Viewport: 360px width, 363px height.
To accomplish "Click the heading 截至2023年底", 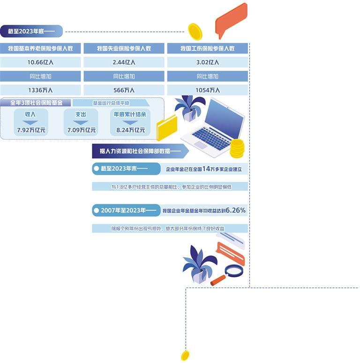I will point(31,31).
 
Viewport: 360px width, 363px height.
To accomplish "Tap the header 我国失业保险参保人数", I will point(124,48).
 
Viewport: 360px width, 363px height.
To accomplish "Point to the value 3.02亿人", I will point(207,62).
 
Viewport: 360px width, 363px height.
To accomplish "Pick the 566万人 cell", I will point(124,90).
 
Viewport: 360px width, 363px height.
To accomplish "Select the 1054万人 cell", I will point(207,90).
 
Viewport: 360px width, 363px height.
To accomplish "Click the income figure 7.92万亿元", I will point(31,130).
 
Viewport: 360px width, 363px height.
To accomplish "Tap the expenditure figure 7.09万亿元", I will point(81,130).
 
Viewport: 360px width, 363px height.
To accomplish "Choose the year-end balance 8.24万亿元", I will point(131,130).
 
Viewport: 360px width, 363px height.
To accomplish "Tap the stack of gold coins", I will point(237,148).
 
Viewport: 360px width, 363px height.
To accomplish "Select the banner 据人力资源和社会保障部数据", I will point(140,151).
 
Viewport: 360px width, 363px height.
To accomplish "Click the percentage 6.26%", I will point(235,210).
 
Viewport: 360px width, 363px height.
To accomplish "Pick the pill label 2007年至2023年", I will point(127,211).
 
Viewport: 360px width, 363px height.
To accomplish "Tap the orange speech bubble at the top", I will point(231,20).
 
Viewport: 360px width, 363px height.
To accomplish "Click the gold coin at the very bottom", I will point(185,356).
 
